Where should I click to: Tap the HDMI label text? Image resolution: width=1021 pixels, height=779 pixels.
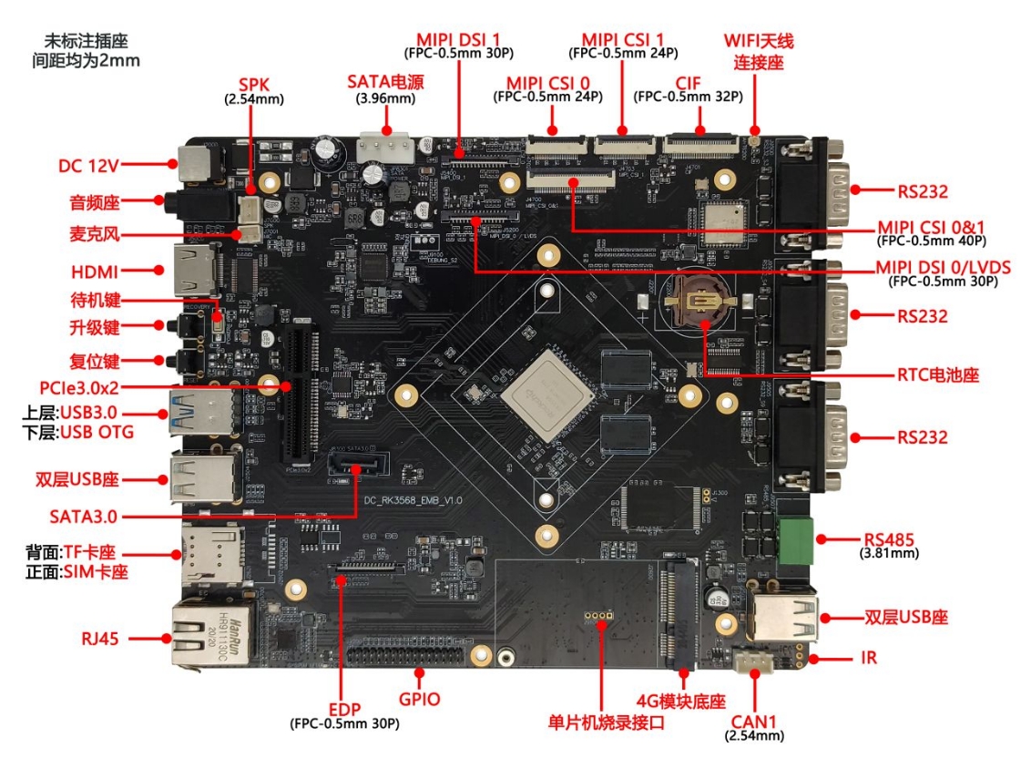pos(94,272)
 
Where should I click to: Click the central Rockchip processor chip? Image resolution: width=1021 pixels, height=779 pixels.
pos(546,397)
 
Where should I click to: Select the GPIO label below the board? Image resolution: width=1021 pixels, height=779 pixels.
pos(419,700)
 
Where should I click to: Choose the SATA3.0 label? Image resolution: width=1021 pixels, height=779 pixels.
pos(84,517)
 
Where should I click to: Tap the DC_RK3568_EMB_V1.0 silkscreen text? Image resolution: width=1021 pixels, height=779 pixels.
pos(414,501)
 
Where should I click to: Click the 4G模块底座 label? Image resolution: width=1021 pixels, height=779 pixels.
pos(680,701)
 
